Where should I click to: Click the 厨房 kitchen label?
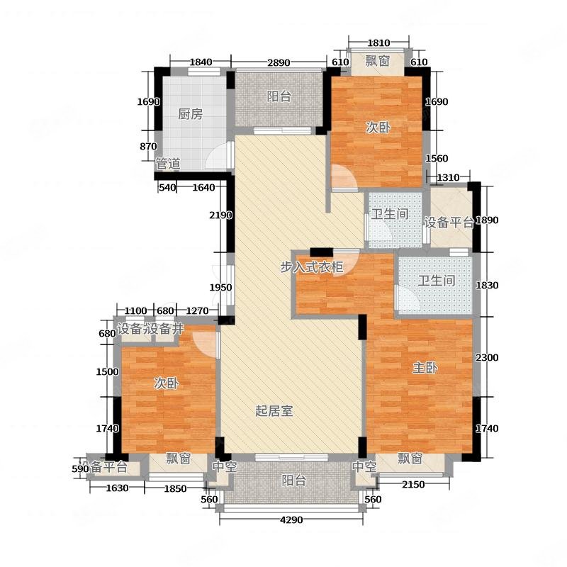(190, 114)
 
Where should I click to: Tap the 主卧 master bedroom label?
(425, 368)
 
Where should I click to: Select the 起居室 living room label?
(274, 411)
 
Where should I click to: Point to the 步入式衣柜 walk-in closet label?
(312, 267)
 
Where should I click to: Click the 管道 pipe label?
(168, 164)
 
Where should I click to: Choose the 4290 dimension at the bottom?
(291, 520)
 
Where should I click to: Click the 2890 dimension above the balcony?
(279, 62)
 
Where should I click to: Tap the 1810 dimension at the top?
(378, 43)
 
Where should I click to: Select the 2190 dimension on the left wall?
(220, 215)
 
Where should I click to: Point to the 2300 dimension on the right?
(487, 358)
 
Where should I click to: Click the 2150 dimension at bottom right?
(413, 485)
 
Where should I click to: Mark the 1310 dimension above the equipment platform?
(448, 178)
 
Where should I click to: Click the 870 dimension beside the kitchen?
(148, 147)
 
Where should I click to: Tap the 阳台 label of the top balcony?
(279, 96)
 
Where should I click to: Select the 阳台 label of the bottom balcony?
(294, 481)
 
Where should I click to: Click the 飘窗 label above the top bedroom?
(377, 61)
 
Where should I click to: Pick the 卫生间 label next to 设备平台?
(390, 214)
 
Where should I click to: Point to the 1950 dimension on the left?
(220, 288)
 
